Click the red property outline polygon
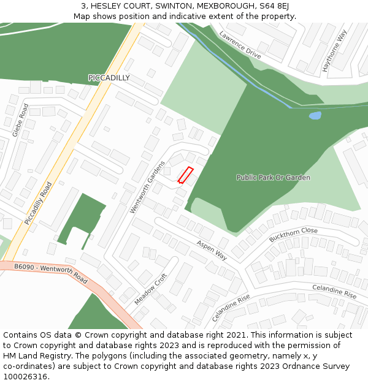click(186, 175)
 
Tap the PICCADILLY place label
click(109, 78)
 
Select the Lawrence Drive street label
click(240, 45)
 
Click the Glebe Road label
click(20, 119)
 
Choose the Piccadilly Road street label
click(38, 202)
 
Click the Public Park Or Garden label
click(273, 178)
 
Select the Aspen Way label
click(212, 250)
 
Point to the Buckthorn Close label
click(293, 235)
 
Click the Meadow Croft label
click(150, 289)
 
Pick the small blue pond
click(315, 115)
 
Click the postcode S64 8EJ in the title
click(273, 6)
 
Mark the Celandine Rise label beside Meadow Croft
click(231, 308)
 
